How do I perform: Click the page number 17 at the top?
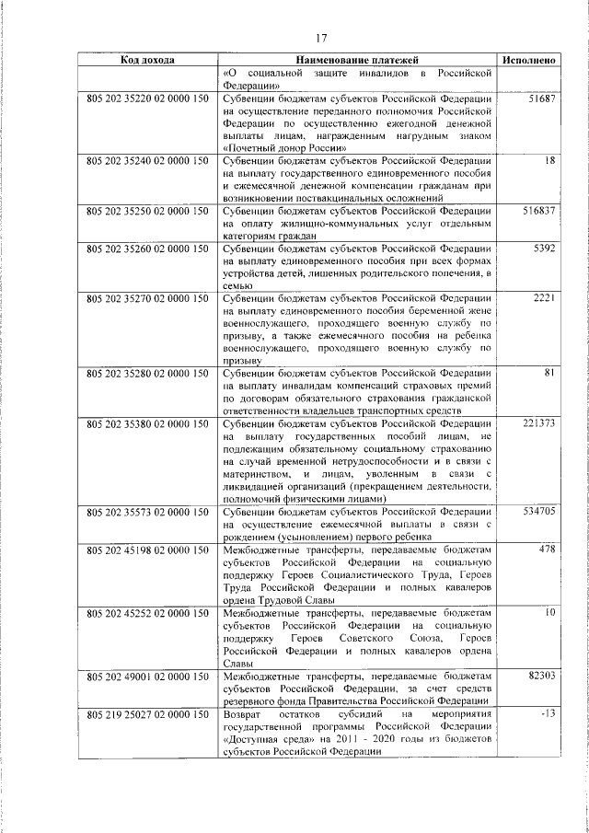[321, 38]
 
